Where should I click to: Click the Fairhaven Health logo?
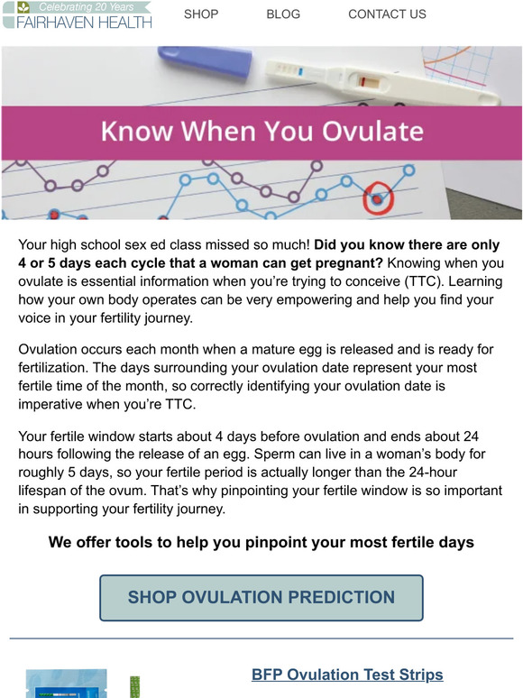77,15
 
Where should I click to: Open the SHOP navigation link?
201,14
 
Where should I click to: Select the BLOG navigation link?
283,14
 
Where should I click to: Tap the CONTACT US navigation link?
387,14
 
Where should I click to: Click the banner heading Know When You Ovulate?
261,132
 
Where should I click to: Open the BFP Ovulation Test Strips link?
347,675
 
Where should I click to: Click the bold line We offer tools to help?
261,543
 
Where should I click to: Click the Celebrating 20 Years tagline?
86,6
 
